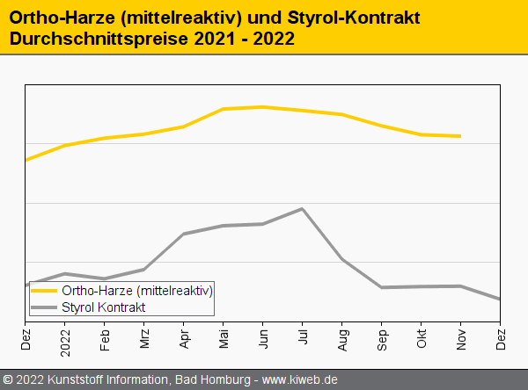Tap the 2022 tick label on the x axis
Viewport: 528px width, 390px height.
pyautogui.click(x=65, y=338)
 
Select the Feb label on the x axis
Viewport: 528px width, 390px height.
pyautogui.click(x=105, y=336)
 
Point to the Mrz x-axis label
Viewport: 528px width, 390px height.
pyautogui.click(x=144, y=336)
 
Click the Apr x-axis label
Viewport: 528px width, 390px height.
pyautogui.click(x=184, y=336)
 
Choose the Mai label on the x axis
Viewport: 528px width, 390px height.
pyautogui.click(x=224, y=336)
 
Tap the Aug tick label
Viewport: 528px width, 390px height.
pyautogui.click(x=342, y=336)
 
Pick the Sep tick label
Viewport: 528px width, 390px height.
pyautogui.click(x=382, y=336)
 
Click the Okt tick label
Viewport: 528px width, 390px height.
pyautogui.click(x=422, y=336)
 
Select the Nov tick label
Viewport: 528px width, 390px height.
pyautogui.click(x=461, y=336)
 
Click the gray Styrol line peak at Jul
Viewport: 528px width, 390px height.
pyautogui.click(x=303, y=208)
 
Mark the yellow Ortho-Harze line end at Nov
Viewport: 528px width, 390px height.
pyautogui.click(x=460, y=136)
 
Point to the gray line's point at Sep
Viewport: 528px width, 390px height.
pyautogui.click(x=382, y=287)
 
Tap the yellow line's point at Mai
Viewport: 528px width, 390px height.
pyautogui.click(x=224, y=109)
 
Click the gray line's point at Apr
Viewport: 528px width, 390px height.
pyautogui.click(x=184, y=234)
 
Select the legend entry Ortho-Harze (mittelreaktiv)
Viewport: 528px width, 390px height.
pyautogui.click(x=137, y=290)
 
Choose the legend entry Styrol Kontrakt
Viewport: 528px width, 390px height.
pyautogui.click(x=104, y=307)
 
